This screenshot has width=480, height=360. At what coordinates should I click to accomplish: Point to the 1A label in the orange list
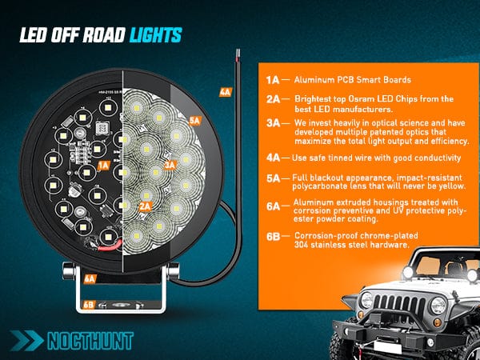pyautogui.click(x=272, y=80)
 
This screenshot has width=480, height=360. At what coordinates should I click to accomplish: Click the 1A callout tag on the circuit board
pyautogui.click(x=102, y=165)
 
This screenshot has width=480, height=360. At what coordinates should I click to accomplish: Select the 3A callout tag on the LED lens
pyautogui.click(x=169, y=165)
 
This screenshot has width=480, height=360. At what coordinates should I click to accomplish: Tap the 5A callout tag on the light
pyautogui.click(x=196, y=120)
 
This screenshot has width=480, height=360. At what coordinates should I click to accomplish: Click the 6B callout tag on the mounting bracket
pyautogui.click(x=90, y=304)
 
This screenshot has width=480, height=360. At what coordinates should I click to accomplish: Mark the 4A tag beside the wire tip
pyautogui.click(x=225, y=92)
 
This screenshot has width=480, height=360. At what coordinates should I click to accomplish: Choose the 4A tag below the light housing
pyautogui.click(x=90, y=278)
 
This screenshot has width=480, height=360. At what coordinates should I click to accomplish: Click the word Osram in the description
pyautogui.click(x=353, y=98)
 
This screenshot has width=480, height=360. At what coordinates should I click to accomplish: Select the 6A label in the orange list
pyautogui.click(x=272, y=206)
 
